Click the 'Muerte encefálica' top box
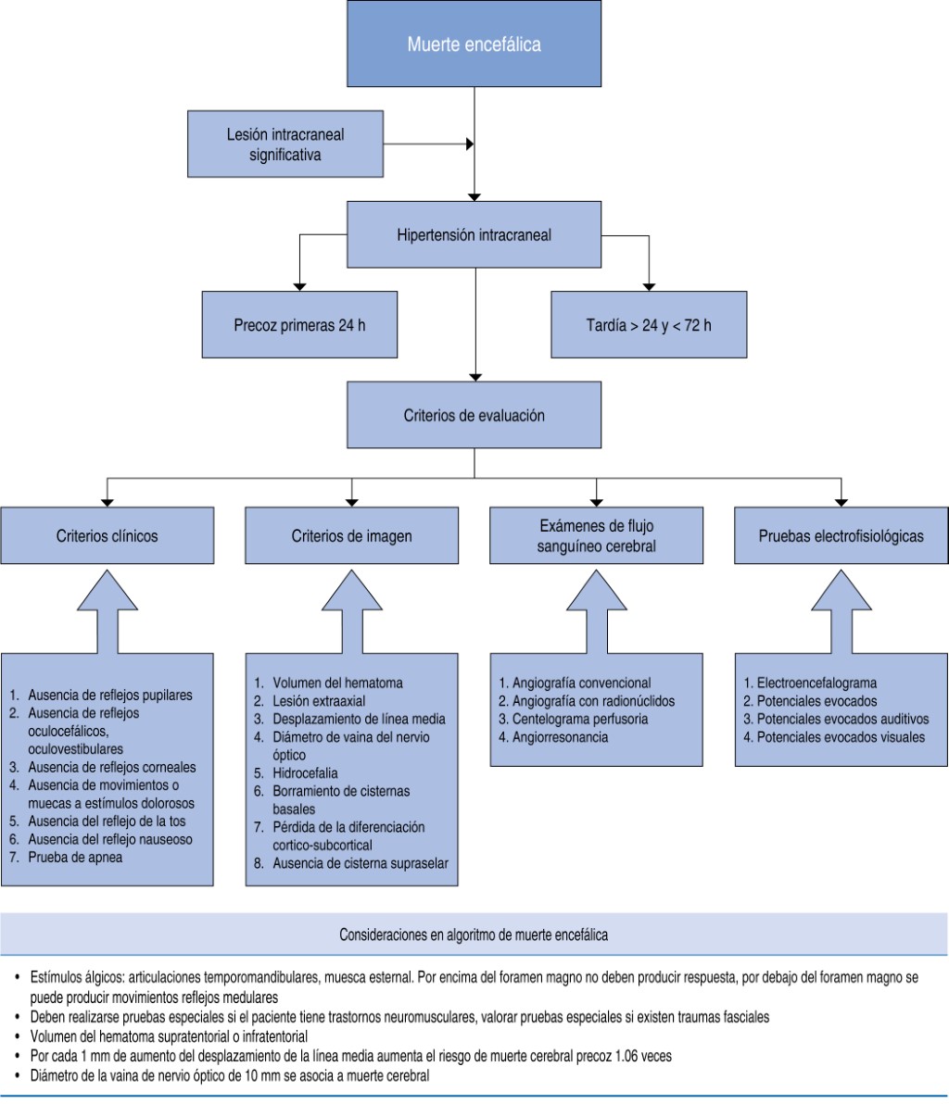pos(474,44)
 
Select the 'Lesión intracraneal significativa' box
pos(285,145)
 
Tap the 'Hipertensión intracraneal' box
pos(474,235)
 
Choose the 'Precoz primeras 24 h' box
pos(301,325)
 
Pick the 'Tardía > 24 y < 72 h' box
pos(648,325)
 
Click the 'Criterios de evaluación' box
pos(474,416)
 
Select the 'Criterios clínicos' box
pos(108,535)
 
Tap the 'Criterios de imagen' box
pos(351,535)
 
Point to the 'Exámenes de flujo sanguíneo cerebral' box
pos(596,535)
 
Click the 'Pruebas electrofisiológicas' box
pos(841,535)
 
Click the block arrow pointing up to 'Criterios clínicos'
pos(108,611)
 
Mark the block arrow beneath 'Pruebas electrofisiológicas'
pos(841,611)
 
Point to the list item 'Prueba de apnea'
pos(75,858)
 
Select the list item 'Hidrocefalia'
pos(306,772)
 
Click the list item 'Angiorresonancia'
pos(553,738)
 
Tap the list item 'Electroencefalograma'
pos(816,684)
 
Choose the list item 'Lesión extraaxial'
pos(319,701)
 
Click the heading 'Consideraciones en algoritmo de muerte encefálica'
pos(474,935)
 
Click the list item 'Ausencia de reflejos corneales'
pos(112,768)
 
